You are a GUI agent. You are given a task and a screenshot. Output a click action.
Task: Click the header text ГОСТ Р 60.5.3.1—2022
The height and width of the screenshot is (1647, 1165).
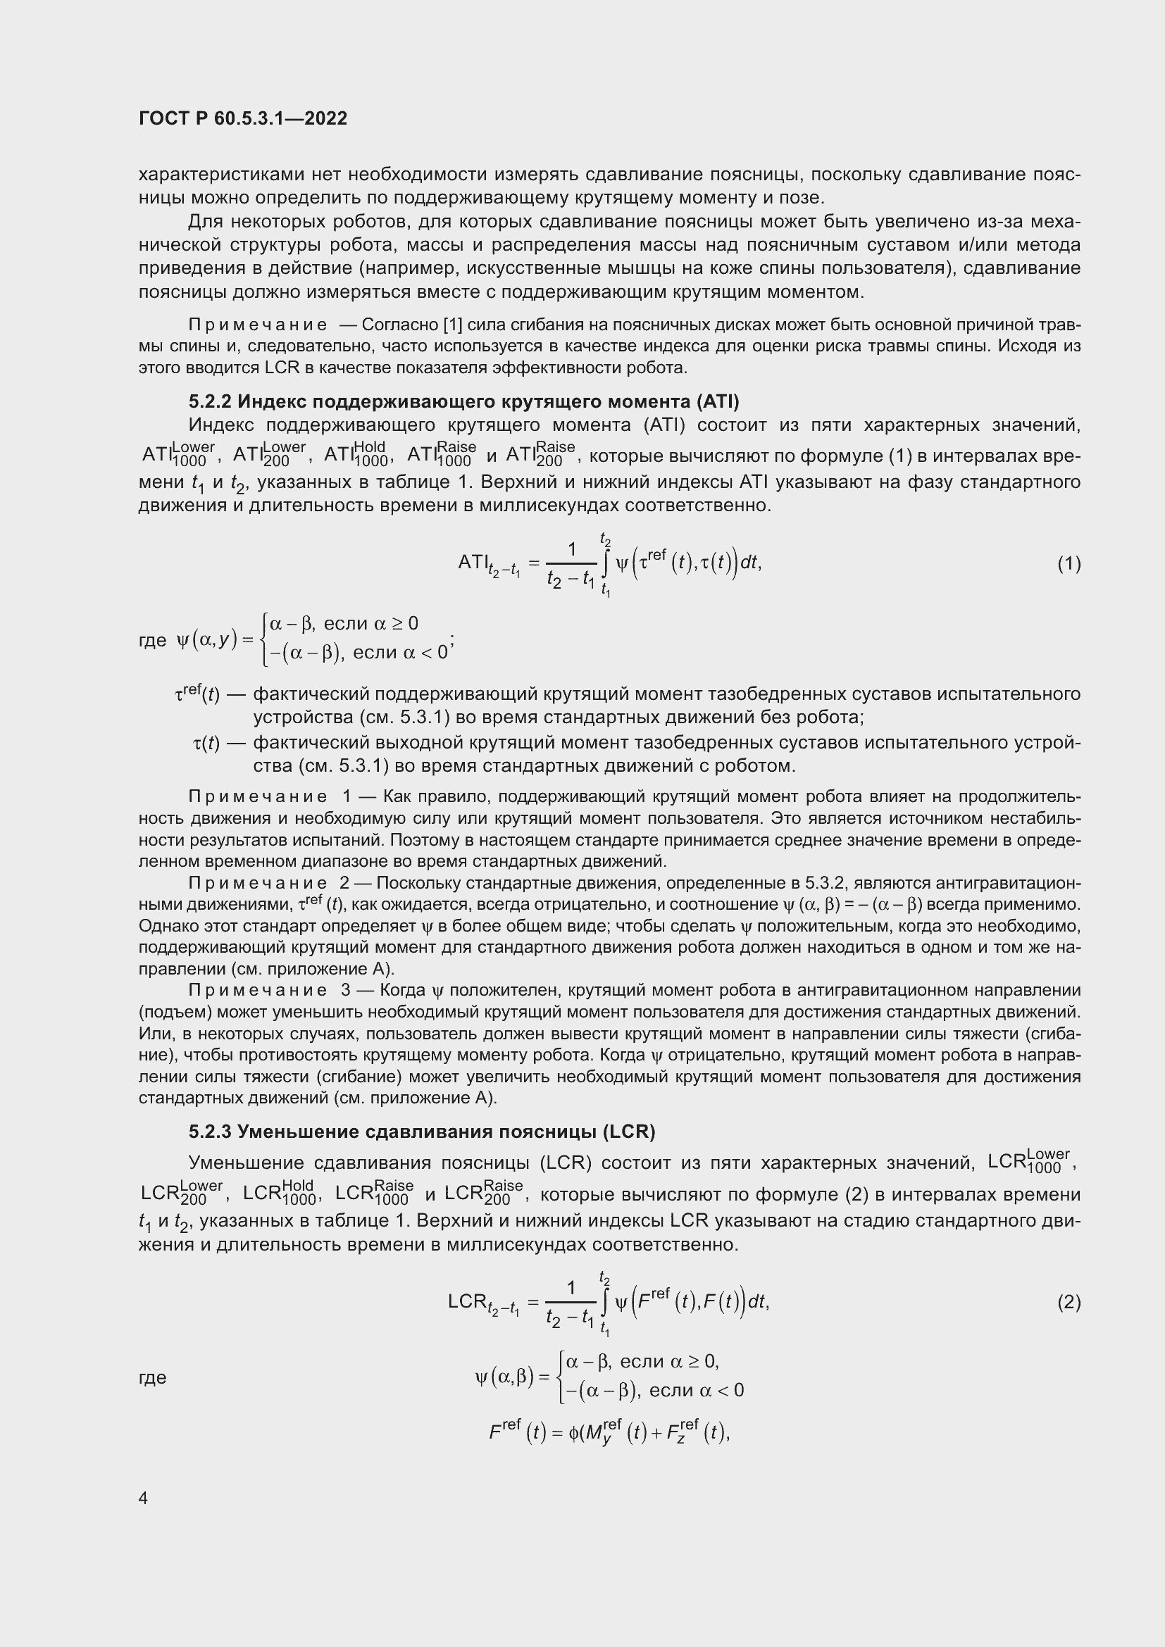point(242,118)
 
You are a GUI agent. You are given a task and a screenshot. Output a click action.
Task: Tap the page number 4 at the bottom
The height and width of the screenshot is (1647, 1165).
point(144,1498)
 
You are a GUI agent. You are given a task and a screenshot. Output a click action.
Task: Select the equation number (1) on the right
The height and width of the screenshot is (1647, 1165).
point(1069,564)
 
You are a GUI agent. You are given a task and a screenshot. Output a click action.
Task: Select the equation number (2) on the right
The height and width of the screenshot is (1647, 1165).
point(1069,1302)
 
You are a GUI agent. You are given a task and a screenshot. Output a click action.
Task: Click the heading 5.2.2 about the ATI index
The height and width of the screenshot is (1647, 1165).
point(463,401)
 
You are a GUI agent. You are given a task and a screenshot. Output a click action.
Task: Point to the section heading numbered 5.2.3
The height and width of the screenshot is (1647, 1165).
point(422,1132)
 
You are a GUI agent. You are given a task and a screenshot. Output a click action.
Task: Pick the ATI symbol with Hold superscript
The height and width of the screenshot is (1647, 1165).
point(356,454)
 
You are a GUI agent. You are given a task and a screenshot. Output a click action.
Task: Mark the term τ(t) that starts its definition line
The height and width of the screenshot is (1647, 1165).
point(206,744)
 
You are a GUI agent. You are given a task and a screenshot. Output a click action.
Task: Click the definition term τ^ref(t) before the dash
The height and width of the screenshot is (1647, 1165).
point(197,694)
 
